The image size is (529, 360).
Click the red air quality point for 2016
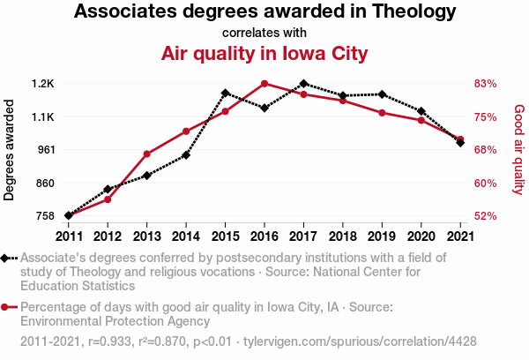tap(264, 84)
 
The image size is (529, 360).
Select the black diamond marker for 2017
tap(303, 84)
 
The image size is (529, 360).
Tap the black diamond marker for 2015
tap(226, 93)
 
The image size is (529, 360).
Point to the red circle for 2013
tap(147, 154)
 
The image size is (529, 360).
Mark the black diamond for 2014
tap(186, 155)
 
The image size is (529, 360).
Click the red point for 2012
tap(108, 199)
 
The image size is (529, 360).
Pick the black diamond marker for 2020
tap(421, 111)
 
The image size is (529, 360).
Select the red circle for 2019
tap(382, 113)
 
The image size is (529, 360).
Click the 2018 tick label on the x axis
tap(343, 236)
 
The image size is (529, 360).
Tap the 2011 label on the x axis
tap(69, 236)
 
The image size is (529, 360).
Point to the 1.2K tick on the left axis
tap(43, 84)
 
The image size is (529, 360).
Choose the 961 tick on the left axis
tap(45, 150)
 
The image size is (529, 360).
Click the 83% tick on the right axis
tap(486, 84)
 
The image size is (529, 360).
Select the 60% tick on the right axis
tap(486, 184)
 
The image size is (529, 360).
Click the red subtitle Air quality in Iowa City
tap(264, 54)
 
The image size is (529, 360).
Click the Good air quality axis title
tap(518, 150)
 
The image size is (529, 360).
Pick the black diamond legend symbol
tap(6, 259)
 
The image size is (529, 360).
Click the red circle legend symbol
tap(6, 307)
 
